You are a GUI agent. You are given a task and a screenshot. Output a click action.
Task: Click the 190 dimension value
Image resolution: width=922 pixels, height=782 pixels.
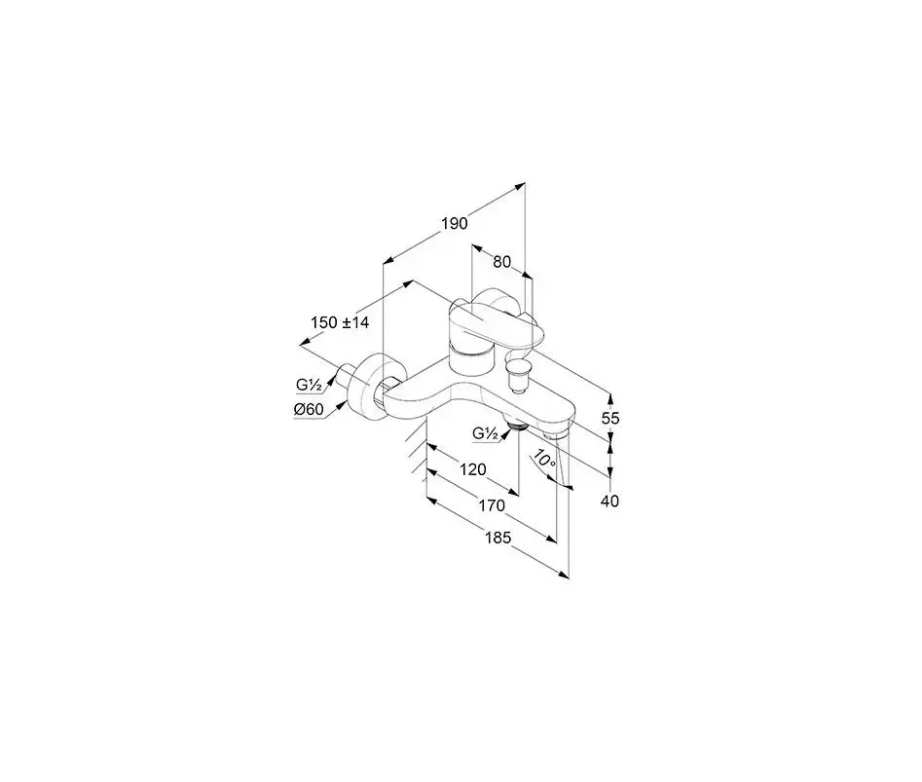pos(455,223)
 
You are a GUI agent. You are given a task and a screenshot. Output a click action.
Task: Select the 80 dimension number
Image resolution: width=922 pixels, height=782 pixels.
pos(501,262)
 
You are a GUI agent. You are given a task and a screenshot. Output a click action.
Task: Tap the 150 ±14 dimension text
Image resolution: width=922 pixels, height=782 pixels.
pos(340,322)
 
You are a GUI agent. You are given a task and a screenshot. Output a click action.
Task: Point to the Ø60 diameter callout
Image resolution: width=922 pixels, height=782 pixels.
pos(309,409)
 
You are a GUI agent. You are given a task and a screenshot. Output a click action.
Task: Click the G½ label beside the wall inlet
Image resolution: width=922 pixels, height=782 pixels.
pos(308,385)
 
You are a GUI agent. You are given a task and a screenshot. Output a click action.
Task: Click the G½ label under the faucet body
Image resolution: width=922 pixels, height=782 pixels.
pos(485,433)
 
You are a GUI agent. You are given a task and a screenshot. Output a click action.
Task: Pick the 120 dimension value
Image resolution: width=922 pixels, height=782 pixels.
pos(473,469)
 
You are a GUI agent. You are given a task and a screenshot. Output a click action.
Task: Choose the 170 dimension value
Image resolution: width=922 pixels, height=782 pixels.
pos(492,505)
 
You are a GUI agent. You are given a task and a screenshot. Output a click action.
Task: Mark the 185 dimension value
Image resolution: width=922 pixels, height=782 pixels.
pos(498,538)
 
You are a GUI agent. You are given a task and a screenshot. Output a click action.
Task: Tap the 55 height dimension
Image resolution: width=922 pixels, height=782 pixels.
pos(610,419)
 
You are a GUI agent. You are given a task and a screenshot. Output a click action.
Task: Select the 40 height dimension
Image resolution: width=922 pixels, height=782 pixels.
pos(610,501)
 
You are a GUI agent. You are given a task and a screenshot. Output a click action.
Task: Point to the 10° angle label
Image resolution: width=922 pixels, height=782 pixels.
pos(544,460)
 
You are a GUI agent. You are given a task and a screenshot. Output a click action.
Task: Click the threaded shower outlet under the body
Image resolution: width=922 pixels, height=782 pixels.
pos(516,425)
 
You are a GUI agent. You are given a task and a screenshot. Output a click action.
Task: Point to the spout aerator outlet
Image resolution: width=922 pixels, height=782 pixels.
pos(556,435)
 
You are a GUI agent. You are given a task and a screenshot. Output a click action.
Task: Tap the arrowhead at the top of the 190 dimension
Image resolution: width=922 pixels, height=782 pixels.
pos(520,186)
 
